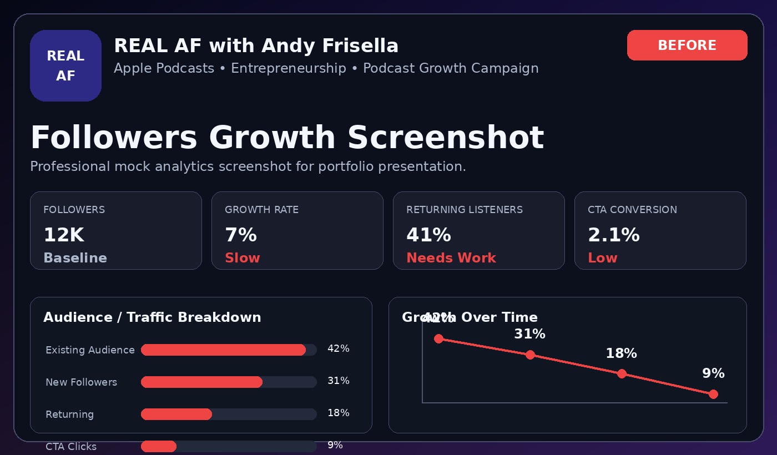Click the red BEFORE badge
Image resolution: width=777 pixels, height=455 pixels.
pos(687,45)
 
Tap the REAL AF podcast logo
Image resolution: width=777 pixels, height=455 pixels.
pos(65,65)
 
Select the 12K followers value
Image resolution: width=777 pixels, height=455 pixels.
pos(64,235)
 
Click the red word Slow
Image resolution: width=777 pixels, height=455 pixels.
pos(243,257)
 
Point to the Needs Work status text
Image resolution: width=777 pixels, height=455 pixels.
pos(451,257)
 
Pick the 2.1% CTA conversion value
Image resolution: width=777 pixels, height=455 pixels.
pos(614,235)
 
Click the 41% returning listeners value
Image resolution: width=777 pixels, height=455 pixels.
pos(428,235)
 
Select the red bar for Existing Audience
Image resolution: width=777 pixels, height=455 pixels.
pos(223,350)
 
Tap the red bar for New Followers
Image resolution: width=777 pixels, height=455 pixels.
pos(201,382)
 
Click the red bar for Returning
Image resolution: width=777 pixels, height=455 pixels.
pos(176,414)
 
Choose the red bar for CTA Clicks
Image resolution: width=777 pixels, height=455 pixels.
pos(159,446)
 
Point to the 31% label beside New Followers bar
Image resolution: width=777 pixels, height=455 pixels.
pos(338,381)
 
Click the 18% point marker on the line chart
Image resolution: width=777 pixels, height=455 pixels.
pos(622,374)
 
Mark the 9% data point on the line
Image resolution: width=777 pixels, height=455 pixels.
pos(713,395)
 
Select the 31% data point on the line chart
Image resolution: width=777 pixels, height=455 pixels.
pos(530,355)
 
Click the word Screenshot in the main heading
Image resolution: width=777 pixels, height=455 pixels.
pos(446,138)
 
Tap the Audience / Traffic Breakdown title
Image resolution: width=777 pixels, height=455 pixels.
pos(152,317)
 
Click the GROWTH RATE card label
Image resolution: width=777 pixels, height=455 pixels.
pos(261,210)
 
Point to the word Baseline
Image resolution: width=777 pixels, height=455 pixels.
pos(75,257)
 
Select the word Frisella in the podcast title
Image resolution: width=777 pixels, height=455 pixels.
pos(360,46)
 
